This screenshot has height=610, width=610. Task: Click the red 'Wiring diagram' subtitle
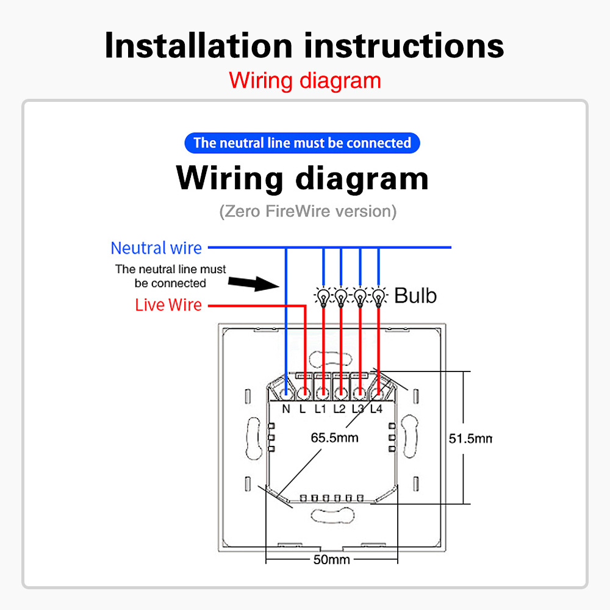coord(305,81)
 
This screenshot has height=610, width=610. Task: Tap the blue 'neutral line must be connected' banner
coord(302,143)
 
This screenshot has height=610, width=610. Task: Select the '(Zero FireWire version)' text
coord(307,212)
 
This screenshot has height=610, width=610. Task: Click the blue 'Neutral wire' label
coord(156,248)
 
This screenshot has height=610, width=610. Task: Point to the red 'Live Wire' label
coord(168,305)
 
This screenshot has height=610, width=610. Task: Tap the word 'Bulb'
coord(415,296)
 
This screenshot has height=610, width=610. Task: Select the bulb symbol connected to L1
coord(323,296)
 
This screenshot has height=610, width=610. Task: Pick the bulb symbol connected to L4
coord(379,296)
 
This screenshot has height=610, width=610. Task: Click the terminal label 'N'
coord(286,409)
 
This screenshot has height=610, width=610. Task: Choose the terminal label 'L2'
coord(340,409)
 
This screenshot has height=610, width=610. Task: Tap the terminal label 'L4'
coord(376,409)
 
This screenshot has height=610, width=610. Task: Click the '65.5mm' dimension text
coord(334,437)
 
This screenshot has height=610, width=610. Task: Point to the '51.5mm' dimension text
coord(470,438)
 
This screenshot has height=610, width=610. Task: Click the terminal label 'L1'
coord(321,409)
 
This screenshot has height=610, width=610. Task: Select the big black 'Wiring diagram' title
coord(302,178)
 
